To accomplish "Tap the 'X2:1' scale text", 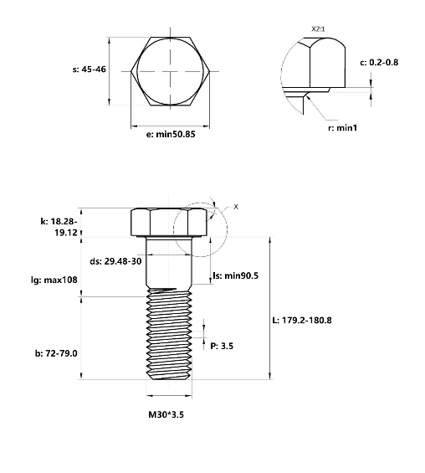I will [318, 29].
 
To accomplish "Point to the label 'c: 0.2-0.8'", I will [391, 63].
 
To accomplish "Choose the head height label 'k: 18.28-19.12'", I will [58, 226].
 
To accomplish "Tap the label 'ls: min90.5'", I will [237, 275].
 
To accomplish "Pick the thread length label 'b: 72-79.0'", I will [55, 352].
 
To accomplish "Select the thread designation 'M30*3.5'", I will [171, 414].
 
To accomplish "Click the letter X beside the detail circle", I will [235, 204].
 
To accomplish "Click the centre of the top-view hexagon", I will [171, 72].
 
